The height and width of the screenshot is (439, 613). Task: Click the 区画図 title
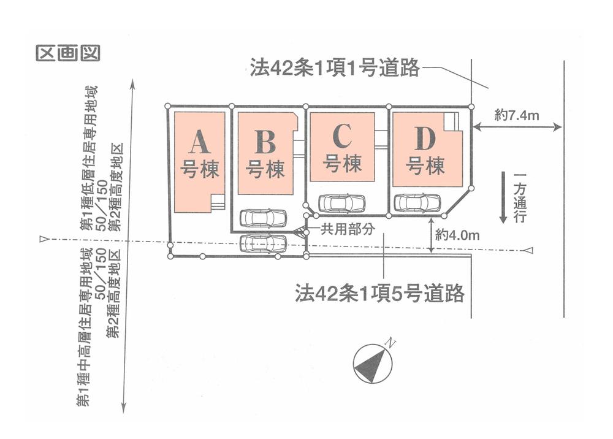tap(67, 53)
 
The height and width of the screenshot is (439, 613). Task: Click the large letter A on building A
tap(200, 142)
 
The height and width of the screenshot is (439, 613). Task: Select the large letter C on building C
tap(343, 136)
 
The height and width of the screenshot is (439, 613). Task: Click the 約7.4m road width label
tap(517, 113)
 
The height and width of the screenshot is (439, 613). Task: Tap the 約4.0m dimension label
tap(457, 234)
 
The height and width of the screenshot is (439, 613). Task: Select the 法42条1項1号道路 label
tap(335, 67)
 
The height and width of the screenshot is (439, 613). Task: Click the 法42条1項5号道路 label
tap(380, 294)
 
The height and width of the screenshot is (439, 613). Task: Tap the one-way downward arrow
tap(503, 197)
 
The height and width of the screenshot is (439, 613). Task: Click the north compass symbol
tap(374, 363)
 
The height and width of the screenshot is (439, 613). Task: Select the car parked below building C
tap(342, 202)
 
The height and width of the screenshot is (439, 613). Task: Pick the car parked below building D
tap(417, 202)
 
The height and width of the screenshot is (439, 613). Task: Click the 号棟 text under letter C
tap(343, 164)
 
